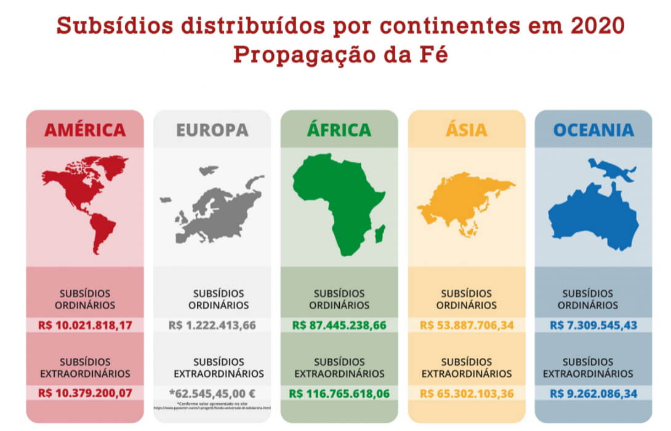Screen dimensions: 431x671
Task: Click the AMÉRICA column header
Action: point(85,130)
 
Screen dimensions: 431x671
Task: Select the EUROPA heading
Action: point(212,130)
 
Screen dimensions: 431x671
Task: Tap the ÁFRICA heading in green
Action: point(339,130)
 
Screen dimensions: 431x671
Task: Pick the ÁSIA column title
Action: point(467,130)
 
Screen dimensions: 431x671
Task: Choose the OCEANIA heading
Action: point(593,130)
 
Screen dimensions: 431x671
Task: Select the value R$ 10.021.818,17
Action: point(85,325)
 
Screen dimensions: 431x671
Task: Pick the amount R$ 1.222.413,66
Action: point(212,325)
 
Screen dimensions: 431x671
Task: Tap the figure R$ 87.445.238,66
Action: point(339,325)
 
